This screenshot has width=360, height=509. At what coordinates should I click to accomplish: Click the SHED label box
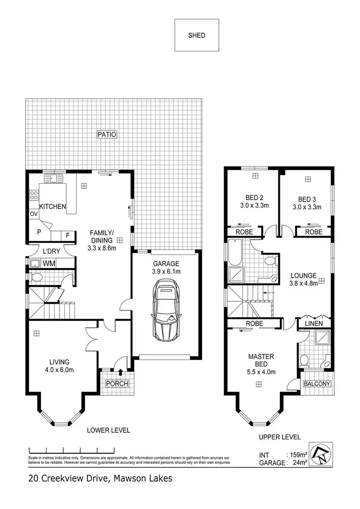coord(196,35)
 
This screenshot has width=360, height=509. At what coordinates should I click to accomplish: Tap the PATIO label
coord(107,134)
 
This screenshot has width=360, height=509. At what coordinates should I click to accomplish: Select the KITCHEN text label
coord(52,206)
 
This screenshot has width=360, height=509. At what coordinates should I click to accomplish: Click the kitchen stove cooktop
coord(34,195)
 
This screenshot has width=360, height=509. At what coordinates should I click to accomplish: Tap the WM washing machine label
coord(48,263)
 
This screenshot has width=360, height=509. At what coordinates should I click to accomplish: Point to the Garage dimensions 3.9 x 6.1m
coord(166,272)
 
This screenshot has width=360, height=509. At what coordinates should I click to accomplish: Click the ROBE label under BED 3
coord(313,232)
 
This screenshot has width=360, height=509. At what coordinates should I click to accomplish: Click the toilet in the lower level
coord(36,277)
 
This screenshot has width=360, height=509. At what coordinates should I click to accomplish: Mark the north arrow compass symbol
coord(321,454)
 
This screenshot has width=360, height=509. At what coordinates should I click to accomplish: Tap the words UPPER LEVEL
coord(279,437)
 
